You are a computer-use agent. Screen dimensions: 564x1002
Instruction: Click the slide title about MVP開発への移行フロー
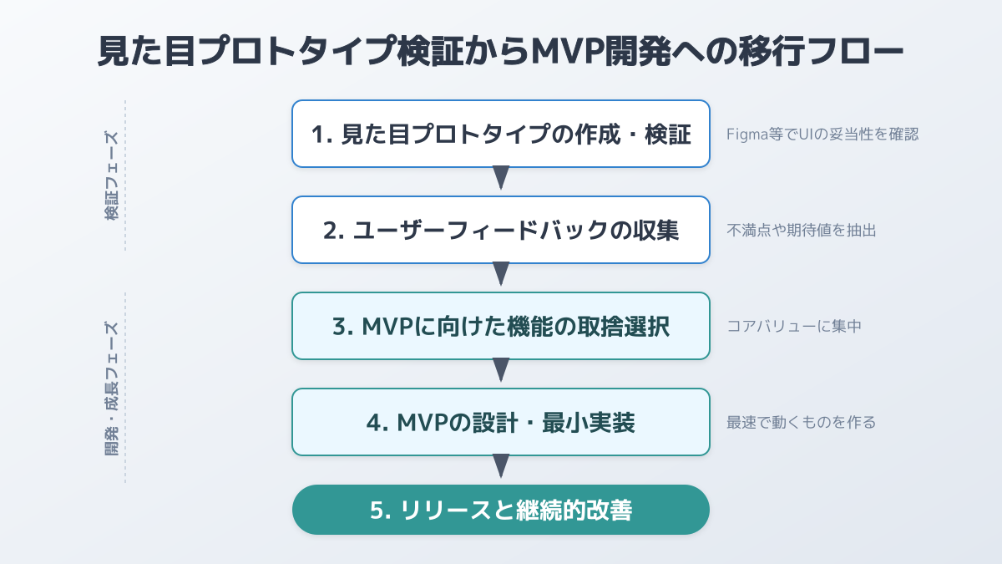501,53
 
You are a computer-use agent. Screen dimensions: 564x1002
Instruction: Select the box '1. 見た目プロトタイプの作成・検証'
501,134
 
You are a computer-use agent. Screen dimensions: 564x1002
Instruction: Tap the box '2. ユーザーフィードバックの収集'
501,230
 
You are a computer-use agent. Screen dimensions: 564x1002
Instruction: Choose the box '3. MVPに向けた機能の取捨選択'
501,326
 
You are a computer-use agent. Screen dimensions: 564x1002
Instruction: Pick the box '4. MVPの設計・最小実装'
501,422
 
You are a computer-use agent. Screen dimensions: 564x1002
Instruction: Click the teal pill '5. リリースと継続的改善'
501,510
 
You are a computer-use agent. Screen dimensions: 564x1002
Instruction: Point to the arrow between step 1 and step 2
501,177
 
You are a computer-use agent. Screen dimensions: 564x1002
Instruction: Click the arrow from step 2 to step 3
501,273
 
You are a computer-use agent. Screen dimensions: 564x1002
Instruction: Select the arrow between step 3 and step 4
501,369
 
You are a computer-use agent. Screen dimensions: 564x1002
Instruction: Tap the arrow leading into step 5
501,465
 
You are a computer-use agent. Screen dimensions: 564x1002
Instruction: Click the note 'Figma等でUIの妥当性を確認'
822,134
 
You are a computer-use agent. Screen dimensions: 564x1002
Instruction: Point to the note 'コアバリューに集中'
794,326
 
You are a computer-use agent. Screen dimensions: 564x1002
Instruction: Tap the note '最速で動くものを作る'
802,422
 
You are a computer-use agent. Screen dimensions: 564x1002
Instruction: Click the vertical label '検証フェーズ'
111,175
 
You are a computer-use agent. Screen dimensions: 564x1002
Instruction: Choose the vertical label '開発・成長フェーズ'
111,389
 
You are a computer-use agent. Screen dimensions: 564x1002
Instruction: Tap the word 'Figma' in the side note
746,134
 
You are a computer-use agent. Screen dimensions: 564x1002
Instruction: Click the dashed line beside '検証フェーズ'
125,175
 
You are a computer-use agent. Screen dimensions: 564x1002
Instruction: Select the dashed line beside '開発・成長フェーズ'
125,389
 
